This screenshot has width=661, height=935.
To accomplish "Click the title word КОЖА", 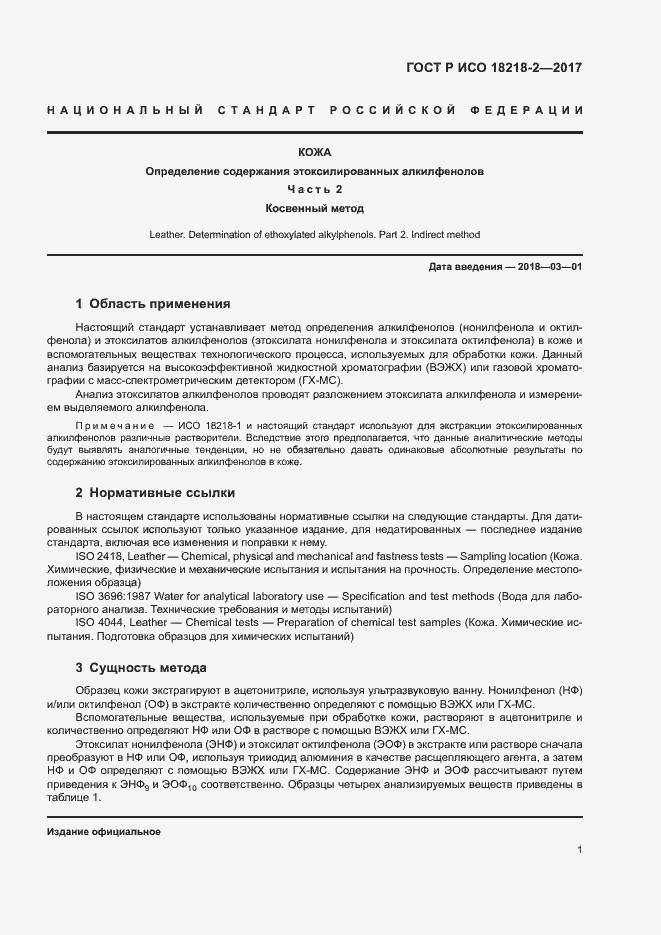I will [315, 152].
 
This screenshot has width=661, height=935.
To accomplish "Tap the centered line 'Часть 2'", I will [315, 190].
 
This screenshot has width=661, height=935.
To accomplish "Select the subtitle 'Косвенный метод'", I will [315, 209].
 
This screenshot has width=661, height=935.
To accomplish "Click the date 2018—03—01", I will [549, 268].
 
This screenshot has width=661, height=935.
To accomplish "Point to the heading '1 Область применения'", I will [153, 304].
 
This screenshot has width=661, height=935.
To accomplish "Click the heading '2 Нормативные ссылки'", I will [155, 493].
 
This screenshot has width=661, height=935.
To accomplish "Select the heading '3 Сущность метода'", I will [141, 667].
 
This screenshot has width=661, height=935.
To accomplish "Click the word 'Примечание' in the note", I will [111, 425].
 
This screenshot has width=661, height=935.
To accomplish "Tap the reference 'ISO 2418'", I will [99, 556].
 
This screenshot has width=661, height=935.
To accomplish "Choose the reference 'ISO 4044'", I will [99, 622].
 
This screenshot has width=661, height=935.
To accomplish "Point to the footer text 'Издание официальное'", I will [104, 832].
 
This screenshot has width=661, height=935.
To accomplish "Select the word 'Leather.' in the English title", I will [167, 235].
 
